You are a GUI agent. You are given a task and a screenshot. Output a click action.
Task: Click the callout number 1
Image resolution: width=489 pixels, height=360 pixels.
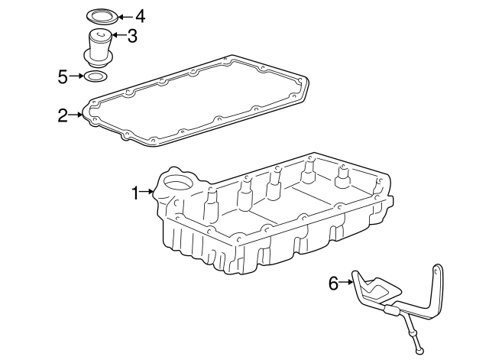coord(135,193)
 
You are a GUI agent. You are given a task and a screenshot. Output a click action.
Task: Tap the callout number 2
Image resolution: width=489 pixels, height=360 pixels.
coord(63,115)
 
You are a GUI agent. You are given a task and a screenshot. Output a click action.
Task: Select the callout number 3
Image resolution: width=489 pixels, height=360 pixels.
coord(132,36)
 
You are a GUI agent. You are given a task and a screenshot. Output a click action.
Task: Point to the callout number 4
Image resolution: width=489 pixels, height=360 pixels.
coord(141,16)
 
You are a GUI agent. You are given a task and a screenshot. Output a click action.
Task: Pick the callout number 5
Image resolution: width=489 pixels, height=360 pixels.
coord(63,76)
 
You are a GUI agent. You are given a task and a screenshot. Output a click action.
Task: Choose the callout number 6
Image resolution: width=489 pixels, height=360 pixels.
coord(333,284)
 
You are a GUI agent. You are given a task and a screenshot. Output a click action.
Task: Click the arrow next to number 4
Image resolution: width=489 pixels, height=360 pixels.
coord(125,17)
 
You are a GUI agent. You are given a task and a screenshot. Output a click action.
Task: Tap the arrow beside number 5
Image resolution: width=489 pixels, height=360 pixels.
coord(76,76)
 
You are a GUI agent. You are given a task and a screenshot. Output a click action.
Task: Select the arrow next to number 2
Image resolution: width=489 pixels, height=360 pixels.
coord(76,115)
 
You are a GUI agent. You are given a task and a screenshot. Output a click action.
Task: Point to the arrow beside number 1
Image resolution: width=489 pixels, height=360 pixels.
coord(147,192)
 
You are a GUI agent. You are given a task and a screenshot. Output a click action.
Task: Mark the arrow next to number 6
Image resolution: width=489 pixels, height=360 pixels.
coord(346,282)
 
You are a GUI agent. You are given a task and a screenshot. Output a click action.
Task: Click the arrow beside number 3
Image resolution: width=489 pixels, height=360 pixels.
coord(118,35)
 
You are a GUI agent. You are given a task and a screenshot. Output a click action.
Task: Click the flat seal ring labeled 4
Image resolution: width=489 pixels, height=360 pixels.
coord(102,16)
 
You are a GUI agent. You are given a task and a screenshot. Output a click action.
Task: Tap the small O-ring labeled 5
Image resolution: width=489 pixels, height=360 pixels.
coord(95,76)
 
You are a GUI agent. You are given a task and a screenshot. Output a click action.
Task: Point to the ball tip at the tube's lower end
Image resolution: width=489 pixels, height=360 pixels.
coord(420,352)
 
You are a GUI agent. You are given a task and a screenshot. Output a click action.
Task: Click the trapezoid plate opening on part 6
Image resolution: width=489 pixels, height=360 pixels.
coord(378,289)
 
